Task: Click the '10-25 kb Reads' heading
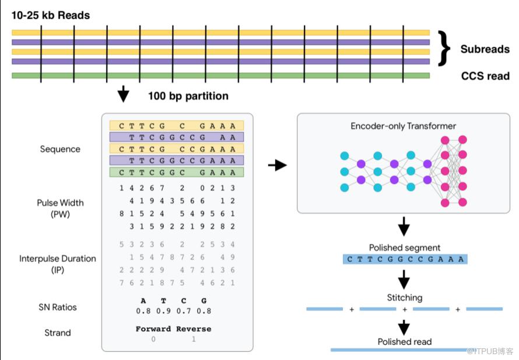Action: [51, 15]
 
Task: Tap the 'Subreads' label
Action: [485, 49]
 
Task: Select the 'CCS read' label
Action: [485, 76]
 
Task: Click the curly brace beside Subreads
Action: [444, 48]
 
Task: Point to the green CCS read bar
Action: [221, 75]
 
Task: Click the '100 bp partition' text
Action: [188, 96]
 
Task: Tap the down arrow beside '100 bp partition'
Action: [123, 94]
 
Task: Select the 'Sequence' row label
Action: [60, 149]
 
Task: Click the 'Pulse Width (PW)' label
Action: [60, 208]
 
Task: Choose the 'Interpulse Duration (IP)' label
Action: [58, 264]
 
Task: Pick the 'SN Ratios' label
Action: [58, 307]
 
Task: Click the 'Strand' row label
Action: [58, 333]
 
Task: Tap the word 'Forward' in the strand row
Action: [153, 329]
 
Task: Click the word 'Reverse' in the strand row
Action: [194, 329]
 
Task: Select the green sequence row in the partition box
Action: [177, 172]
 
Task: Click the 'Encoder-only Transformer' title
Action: [403, 126]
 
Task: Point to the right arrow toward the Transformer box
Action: [278, 165]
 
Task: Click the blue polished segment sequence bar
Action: [405, 259]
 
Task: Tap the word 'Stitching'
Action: [405, 298]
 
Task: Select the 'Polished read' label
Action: [405, 341]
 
